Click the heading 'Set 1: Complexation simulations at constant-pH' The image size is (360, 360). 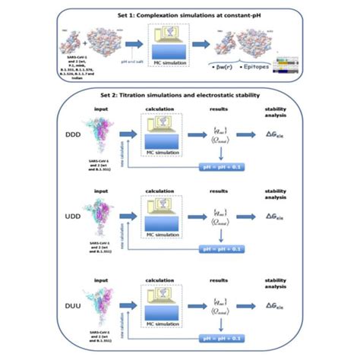[x=180, y=13]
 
